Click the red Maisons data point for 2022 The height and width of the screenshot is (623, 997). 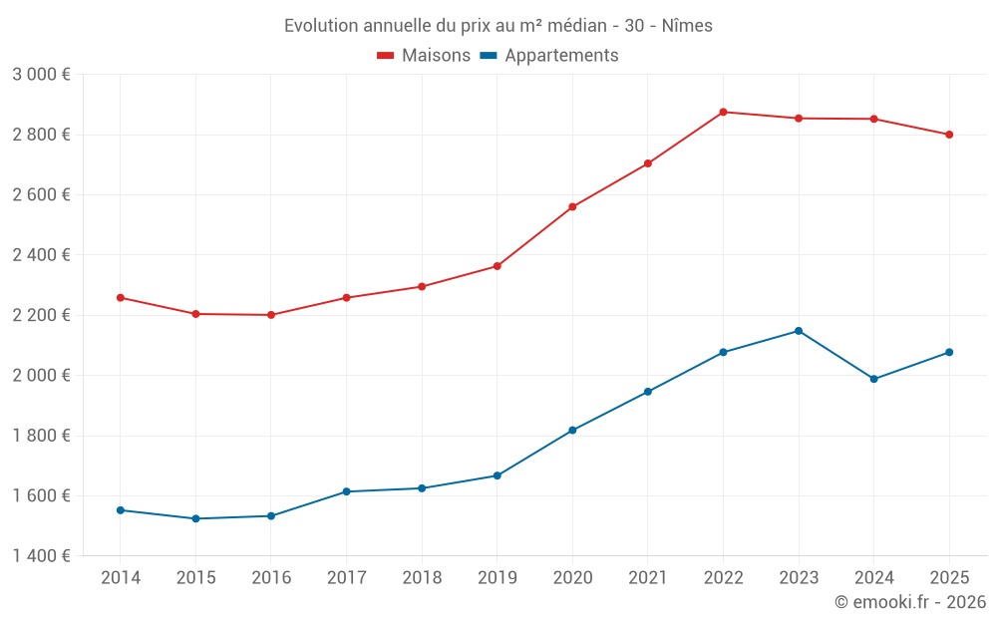pyautogui.click(x=723, y=112)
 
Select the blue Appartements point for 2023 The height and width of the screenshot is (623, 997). pyautogui.click(x=799, y=331)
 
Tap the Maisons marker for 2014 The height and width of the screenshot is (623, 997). pyautogui.click(x=121, y=298)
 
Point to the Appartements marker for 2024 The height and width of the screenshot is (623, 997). pyautogui.click(x=874, y=379)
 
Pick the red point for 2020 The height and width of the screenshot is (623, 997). pyautogui.click(x=572, y=207)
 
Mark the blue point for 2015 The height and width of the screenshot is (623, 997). pyautogui.click(x=195, y=518)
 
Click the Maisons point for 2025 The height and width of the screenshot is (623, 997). pyautogui.click(x=949, y=135)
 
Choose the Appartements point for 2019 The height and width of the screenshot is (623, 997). pyautogui.click(x=497, y=475)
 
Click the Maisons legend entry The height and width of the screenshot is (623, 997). pyautogui.click(x=424, y=56)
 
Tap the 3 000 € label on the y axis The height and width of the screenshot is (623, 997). pyautogui.click(x=41, y=75)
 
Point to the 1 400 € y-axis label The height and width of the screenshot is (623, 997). pyautogui.click(x=41, y=556)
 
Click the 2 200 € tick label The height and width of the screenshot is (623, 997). pyautogui.click(x=41, y=315)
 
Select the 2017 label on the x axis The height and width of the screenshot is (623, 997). pyautogui.click(x=346, y=578)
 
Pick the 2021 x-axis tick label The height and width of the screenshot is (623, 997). pyautogui.click(x=647, y=578)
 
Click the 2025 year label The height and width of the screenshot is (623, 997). pyautogui.click(x=949, y=578)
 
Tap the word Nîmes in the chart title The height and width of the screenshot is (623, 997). pyautogui.click(x=687, y=26)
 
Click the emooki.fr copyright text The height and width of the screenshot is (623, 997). pyautogui.click(x=909, y=602)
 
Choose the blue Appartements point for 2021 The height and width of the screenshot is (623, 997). pyautogui.click(x=648, y=392)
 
